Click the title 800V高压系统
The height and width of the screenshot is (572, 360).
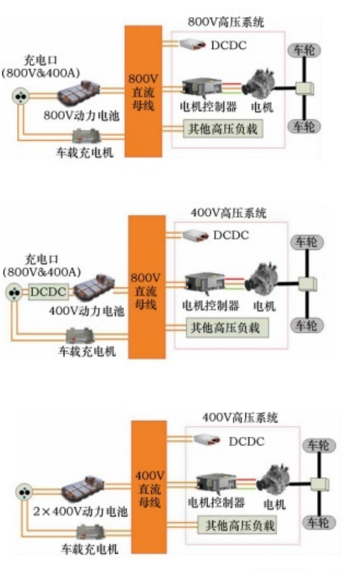pos(226,22)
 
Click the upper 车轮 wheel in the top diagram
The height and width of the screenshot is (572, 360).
pos(302,50)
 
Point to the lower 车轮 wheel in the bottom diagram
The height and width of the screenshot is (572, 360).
pos(318,522)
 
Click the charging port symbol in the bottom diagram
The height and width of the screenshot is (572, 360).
pos(24,491)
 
